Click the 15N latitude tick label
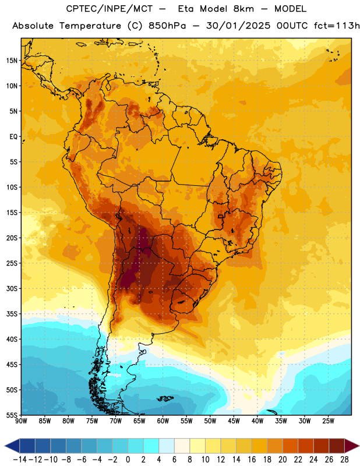[x=12, y=61]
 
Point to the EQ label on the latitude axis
[x=13, y=137]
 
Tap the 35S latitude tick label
[x=12, y=314]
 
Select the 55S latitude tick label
[x=12, y=415]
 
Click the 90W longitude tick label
[x=21, y=421]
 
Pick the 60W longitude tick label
[x=163, y=421]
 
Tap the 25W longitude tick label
[x=328, y=421]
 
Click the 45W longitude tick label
[x=234, y=421]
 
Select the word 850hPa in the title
[x=167, y=26]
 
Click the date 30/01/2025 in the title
[x=238, y=26]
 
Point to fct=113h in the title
[x=337, y=26]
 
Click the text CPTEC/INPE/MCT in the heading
[x=109, y=9]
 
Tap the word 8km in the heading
[x=243, y=9]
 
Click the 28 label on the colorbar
[x=344, y=459]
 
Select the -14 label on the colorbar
[x=20, y=459]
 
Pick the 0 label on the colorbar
[x=128, y=459]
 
